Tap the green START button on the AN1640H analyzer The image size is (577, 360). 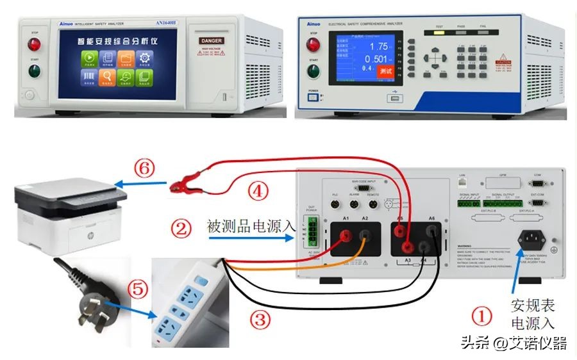tap(31, 70)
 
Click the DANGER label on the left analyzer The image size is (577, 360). tap(212, 40)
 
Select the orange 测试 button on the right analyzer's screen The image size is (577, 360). tap(385, 71)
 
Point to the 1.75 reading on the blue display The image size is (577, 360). tap(380, 46)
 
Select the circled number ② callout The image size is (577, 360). tap(183, 227)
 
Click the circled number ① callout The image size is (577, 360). tap(482, 316)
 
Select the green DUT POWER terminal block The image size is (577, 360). tap(313, 231)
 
